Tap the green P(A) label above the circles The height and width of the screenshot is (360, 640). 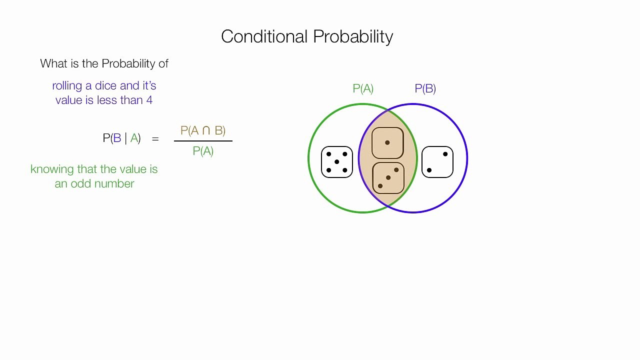click(x=363, y=88)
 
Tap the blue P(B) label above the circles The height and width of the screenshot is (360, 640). click(x=425, y=88)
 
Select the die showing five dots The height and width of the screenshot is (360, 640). click(x=336, y=162)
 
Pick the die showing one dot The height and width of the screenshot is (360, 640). click(x=387, y=143)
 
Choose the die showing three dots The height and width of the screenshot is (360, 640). click(x=388, y=178)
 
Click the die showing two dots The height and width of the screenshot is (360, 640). click(x=437, y=162)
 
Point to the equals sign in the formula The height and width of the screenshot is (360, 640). click(x=155, y=139)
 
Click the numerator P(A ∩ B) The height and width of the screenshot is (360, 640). click(x=203, y=130)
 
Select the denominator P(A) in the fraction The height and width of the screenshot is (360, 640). click(x=203, y=151)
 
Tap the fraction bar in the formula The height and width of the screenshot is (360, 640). click(x=203, y=141)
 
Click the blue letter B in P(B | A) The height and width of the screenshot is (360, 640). click(x=117, y=138)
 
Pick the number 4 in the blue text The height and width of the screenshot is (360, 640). click(x=149, y=100)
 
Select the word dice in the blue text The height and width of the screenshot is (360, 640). click(x=106, y=85)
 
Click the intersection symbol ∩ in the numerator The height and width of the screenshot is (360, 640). click(x=206, y=131)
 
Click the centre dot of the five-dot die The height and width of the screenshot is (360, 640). click(x=336, y=162)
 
